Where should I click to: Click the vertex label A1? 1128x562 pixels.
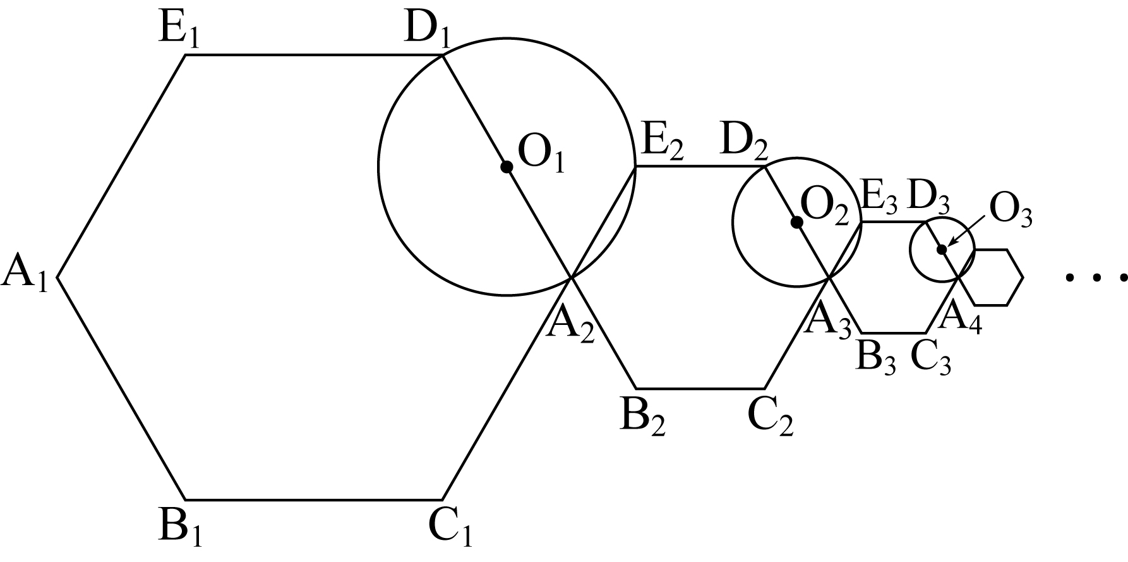click(x=25, y=277)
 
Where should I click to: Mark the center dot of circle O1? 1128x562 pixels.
click(x=506, y=167)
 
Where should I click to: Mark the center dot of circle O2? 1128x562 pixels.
click(x=797, y=223)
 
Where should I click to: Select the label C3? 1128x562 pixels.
click(x=931, y=358)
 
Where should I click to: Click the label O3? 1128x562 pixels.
click(x=1011, y=211)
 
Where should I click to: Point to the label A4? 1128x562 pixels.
click(x=960, y=317)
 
